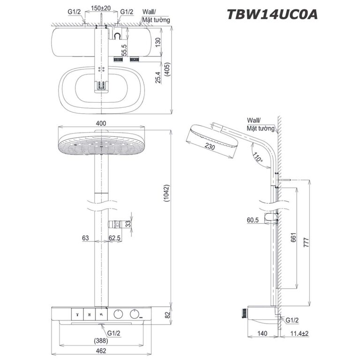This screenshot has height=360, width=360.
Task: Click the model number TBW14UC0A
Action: (273, 15)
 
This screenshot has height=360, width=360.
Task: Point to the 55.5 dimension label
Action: (124, 50)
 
